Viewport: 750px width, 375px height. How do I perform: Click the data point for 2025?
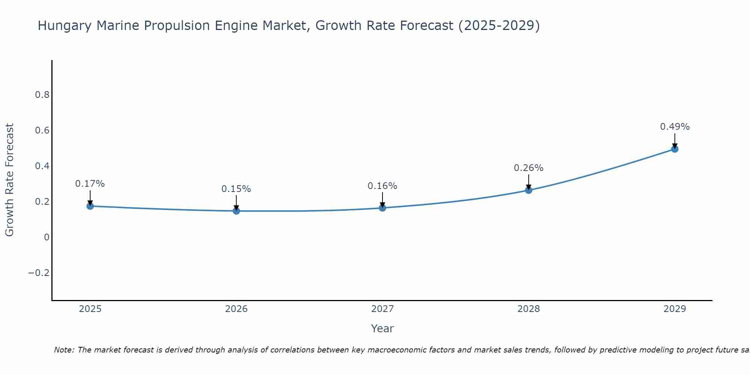[x=90, y=206]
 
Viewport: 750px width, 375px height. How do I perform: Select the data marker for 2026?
[x=236, y=211]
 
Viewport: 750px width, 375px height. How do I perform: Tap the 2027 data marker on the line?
[x=382, y=208]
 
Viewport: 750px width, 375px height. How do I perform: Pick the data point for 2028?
[x=529, y=190]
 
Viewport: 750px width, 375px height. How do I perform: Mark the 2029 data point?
[x=675, y=149]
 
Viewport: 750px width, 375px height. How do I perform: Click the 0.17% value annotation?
[x=90, y=184]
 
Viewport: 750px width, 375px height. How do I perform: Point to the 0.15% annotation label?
[x=236, y=189]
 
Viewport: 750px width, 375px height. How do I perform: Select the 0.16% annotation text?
[x=382, y=186]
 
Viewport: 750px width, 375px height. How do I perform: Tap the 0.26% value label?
[x=529, y=168]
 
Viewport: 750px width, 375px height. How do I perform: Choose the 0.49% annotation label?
[x=675, y=127]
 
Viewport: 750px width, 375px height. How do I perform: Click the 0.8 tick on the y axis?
[x=42, y=95]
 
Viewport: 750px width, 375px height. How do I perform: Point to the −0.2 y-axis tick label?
[x=39, y=273]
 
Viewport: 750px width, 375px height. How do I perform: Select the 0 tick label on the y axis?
[x=46, y=237]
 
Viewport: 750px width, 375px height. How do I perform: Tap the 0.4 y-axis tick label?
[x=42, y=166]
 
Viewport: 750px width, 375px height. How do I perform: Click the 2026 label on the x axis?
[x=236, y=309]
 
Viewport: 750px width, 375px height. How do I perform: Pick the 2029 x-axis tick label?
[x=675, y=309]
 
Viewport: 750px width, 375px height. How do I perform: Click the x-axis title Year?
[x=382, y=328]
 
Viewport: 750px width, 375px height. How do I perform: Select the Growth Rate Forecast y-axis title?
[x=9, y=180]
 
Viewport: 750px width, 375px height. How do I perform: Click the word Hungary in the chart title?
[x=64, y=26]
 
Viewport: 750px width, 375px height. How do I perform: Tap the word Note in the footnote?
[x=64, y=350]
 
